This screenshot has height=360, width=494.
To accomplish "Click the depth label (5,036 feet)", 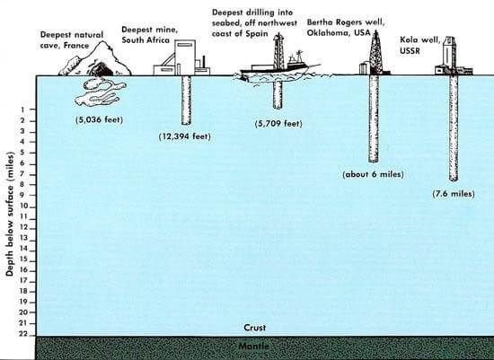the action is [99, 119].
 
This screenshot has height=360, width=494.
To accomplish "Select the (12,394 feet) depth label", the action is [185, 136].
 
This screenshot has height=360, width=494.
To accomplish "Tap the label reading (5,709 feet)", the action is [278, 124].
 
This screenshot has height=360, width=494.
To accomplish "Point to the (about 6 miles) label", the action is [374, 174].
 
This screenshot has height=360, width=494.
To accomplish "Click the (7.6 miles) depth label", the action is [454, 194].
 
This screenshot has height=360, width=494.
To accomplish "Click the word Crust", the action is [255, 328].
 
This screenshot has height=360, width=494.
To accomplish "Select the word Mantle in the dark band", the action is [254, 347].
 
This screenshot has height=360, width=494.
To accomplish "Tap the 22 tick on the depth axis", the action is [23, 334].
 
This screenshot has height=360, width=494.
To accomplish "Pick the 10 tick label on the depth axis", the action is [24, 206].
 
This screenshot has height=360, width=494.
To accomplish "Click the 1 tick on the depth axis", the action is [22, 110].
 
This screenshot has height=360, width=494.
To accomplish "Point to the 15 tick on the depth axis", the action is [24, 259].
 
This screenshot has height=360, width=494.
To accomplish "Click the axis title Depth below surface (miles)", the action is [10, 215].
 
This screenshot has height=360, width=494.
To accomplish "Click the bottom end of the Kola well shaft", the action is [454, 180].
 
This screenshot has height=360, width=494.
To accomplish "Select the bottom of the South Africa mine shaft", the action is [186, 124].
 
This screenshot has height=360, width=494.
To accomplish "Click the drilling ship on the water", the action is [278, 65].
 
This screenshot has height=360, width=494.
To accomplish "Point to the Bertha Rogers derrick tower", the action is [375, 52].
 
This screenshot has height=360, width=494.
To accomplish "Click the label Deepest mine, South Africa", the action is [150, 35].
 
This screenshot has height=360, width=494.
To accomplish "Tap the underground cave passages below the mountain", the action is [101, 92].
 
